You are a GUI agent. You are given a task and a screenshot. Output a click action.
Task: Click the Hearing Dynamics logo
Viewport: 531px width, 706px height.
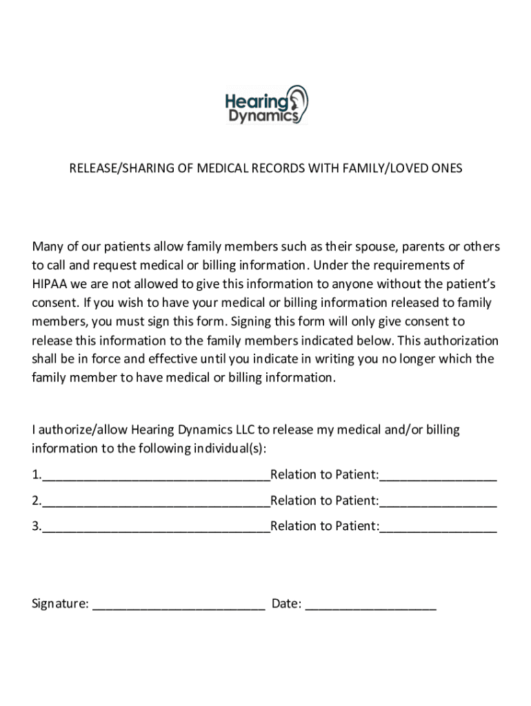click(266, 105)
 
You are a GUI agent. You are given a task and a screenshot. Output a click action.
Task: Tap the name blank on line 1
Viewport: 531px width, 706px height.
click(156, 475)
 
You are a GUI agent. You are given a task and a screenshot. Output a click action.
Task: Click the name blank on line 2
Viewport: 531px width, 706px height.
click(156, 501)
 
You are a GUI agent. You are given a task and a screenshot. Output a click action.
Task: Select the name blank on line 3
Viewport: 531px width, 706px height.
click(156, 527)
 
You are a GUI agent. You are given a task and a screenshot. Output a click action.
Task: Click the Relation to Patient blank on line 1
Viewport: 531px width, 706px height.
click(438, 475)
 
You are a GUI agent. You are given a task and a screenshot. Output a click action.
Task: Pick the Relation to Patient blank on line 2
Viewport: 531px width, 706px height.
click(438, 501)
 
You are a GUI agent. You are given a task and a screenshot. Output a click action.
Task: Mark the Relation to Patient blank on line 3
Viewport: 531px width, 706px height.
click(438, 527)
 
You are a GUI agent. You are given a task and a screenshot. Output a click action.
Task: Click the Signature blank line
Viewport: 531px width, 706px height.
click(179, 605)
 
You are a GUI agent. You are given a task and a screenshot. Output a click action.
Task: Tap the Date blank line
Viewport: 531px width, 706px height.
click(370, 605)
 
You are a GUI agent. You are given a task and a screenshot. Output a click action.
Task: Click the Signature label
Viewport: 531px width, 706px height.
click(60, 604)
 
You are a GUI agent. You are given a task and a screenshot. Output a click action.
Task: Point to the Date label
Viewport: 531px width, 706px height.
click(286, 604)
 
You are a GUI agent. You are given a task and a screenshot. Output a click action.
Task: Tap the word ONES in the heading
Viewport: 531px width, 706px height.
click(447, 168)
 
